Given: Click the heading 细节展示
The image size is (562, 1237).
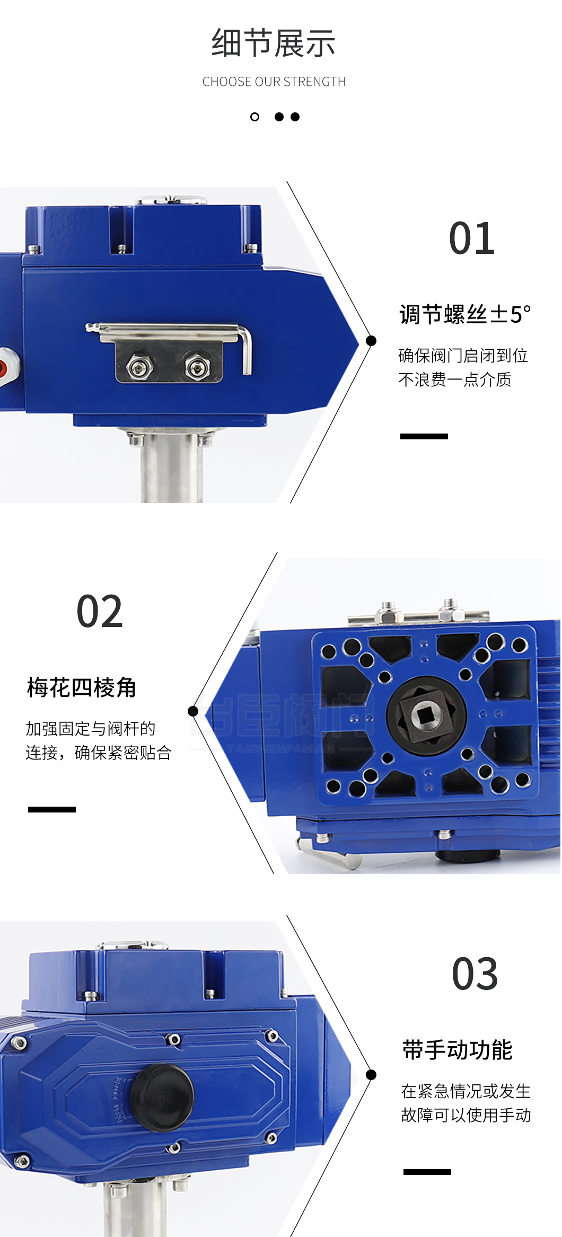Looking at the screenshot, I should pos(273,43).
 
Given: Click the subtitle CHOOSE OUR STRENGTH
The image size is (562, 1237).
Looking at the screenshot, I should pos(274,82).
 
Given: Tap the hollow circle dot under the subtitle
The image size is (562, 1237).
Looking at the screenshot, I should pos(255,117).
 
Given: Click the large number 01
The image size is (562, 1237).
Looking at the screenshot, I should pos(471,238).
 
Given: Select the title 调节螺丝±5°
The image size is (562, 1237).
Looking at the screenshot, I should pos(464,314).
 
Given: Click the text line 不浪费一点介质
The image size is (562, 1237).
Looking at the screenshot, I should pos(454,379).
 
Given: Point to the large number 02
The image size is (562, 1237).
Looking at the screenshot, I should pos(100,612).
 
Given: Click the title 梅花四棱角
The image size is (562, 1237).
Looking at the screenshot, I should pos(82,687).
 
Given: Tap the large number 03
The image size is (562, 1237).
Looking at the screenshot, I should pos(475,974).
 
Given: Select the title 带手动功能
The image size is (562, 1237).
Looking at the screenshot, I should pos(457,1050).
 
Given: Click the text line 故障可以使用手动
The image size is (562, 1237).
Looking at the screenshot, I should pos(466,1115).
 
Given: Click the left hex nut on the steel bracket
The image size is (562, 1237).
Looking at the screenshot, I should pos(139,365).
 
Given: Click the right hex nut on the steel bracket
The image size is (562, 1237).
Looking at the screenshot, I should pos(197,365).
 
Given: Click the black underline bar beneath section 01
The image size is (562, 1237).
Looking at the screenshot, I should pos(424,436).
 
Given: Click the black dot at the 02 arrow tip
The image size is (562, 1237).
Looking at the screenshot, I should pos(193,711).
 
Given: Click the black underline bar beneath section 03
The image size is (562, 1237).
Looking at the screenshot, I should pos(427,1172).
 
